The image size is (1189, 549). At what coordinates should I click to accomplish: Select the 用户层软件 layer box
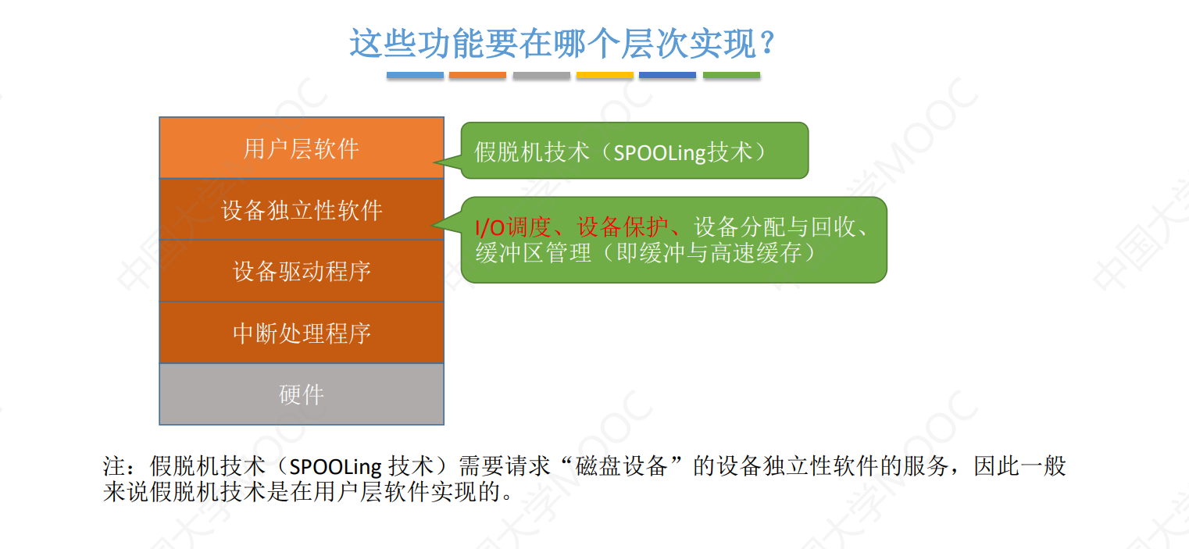(x=302, y=148)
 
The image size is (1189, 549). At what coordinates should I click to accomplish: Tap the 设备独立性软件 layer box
(x=302, y=209)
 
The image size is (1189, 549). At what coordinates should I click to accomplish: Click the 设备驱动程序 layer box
(x=302, y=271)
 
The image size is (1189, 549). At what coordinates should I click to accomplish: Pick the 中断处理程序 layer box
(x=302, y=333)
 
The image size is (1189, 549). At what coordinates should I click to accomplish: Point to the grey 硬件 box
(x=302, y=394)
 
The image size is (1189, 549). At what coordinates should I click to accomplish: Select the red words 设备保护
(x=623, y=227)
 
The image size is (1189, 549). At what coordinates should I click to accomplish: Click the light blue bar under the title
(x=415, y=75)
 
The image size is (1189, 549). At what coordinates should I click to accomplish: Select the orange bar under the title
(x=477, y=75)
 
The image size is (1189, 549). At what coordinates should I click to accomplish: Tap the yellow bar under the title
(x=605, y=75)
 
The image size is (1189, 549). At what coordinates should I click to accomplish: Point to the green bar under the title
(x=731, y=75)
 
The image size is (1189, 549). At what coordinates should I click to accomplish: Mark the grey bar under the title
(x=541, y=75)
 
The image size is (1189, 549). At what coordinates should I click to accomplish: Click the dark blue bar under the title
(x=667, y=75)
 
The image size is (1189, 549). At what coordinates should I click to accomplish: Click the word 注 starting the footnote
(x=114, y=467)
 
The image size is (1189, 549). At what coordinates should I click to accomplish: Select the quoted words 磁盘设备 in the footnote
(x=622, y=467)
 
